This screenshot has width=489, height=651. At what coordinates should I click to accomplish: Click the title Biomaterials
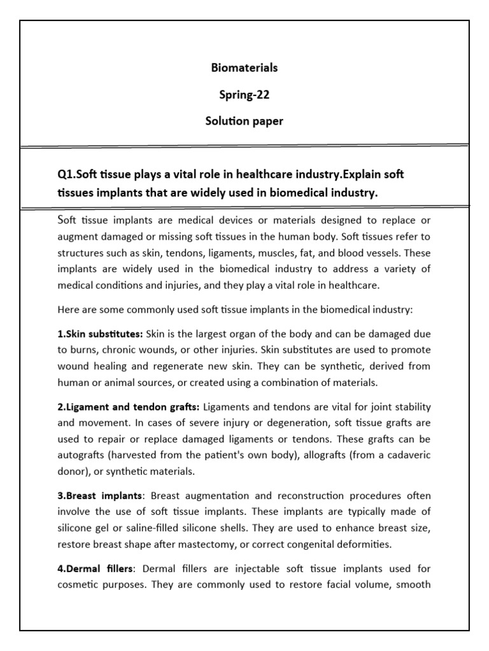pos(244,67)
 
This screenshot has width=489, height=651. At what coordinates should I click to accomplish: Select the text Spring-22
pos(244,95)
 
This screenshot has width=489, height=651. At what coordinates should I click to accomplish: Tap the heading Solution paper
pos(244,121)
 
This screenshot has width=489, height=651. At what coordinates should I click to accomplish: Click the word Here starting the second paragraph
pos(68,310)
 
